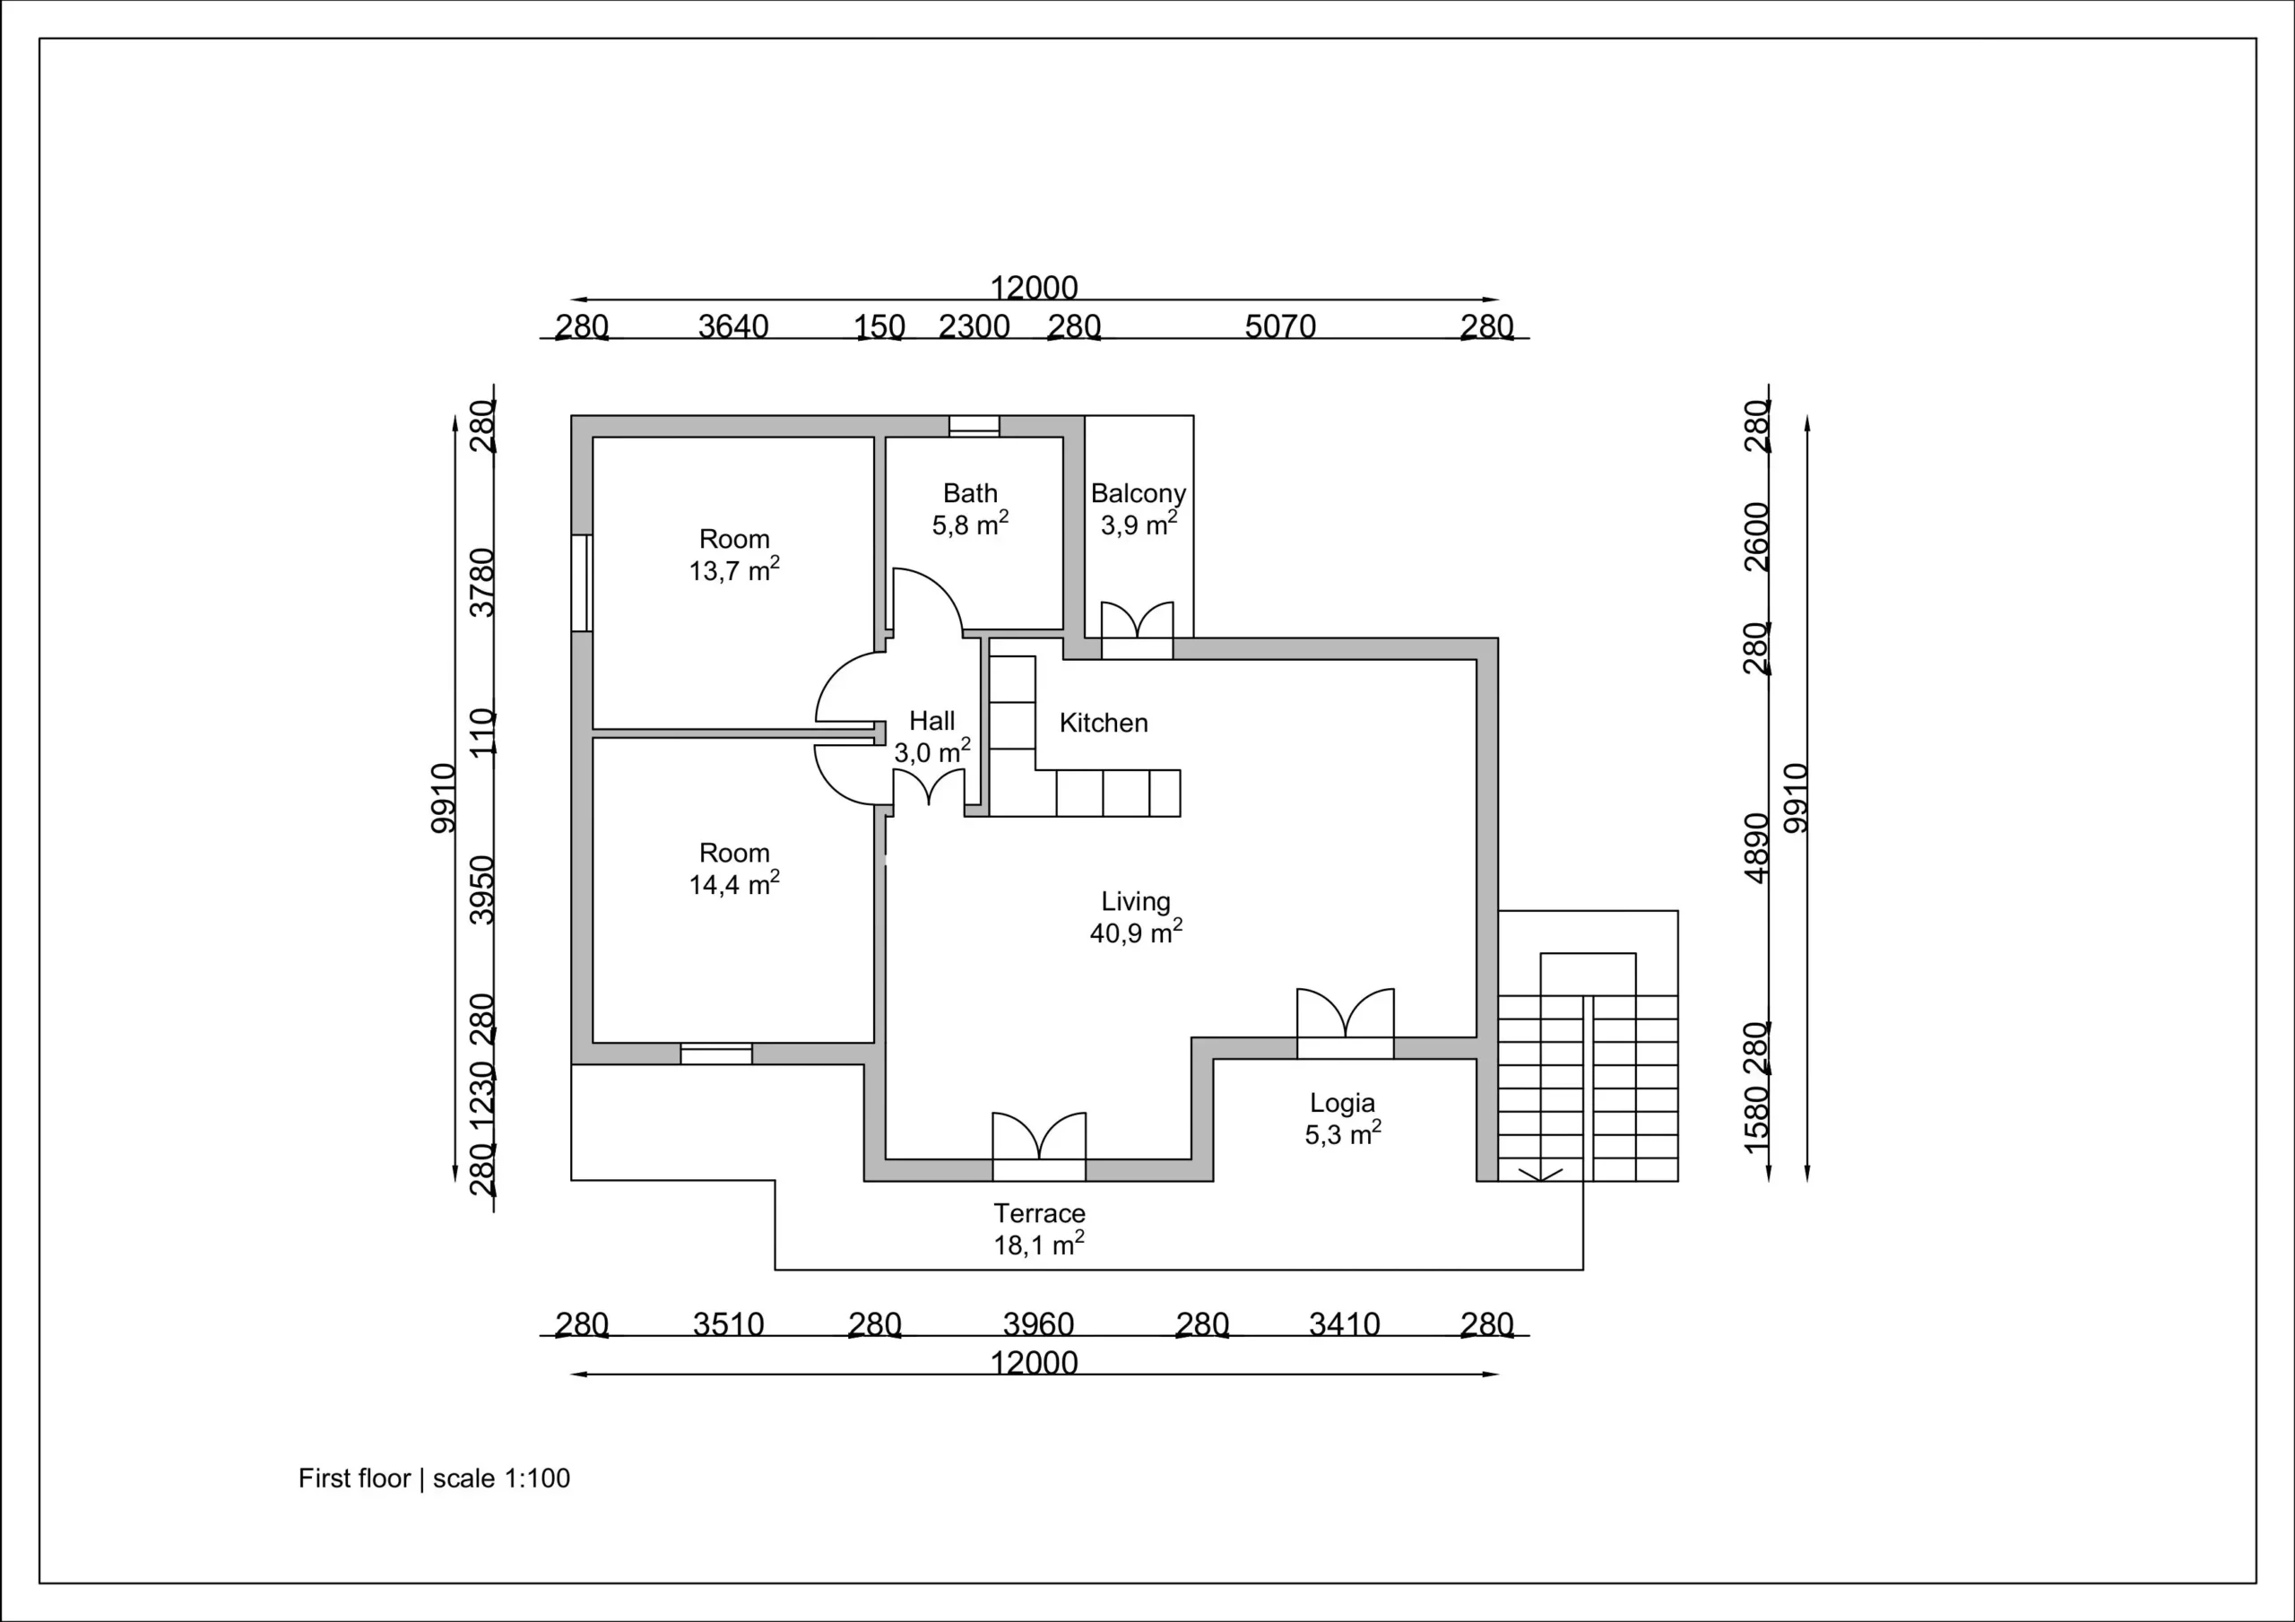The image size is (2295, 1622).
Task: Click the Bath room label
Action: pyautogui.click(x=970, y=493)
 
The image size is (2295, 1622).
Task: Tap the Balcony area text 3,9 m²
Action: pyautogui.click(x=1139, y=524)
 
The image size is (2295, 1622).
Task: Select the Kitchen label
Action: pyautogui.click(x=1104, y=722)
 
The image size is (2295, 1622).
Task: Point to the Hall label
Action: pyautogui.click(x=931, y=720)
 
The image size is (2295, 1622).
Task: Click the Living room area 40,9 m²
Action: pyautogui.click(x=1137, y=932)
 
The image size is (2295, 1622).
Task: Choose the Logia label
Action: pyautogui.click(x=1342, y=1103)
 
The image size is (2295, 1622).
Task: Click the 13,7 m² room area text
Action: pyautogui.click(x=735, y=570)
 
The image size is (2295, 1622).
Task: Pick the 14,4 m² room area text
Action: pyautogui.click(x=735, y=884)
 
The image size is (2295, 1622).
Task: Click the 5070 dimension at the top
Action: pyautogui.click(x=1279, y=326)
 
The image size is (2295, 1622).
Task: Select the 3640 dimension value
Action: pyautogui.click(x=732, y=326)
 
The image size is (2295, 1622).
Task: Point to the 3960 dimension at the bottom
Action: pyautogui.click(x=1037, y=1324)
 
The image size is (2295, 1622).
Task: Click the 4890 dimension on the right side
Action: pyautogui.click(x=1756, y=848)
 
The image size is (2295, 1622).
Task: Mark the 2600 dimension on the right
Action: pyautogui.click(x=1756, y=537)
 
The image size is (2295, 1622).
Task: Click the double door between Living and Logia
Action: pyautogui.click(x=1346, y=1022)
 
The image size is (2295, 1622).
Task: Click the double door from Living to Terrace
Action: pyautogui.click(x=1038, y=1146)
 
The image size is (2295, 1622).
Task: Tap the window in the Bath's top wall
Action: pyautogui.click(x=974, y=426)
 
